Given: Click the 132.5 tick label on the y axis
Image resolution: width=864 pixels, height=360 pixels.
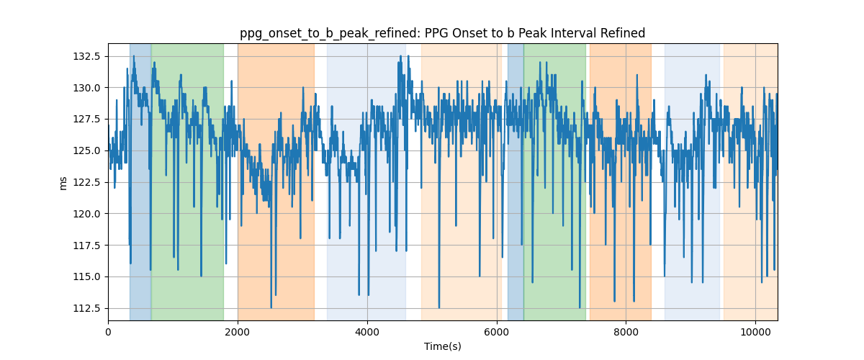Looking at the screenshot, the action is pyautogui.click(x=87, y=56).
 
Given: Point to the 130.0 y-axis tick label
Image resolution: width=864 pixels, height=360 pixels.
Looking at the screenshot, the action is pyautogui.click(x=87, y=88).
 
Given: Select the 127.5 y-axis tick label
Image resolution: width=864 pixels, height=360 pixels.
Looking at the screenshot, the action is pyautogui.click(x=87, y=120).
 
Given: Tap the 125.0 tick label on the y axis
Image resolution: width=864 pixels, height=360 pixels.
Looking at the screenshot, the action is pyautogui.click(x=87, y=151).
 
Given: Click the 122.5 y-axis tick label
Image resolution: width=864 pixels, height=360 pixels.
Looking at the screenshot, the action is pyautogui.click(x=87, y=182).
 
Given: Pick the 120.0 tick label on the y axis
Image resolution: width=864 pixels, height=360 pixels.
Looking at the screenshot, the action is pyautogui.click(x=87, y=214).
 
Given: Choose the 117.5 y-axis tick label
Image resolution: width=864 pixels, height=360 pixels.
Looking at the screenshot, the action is pyautogui.click(x=87, y=246).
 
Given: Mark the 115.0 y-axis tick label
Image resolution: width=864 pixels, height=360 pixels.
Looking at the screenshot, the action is pyautogui.click(x=87, y=276).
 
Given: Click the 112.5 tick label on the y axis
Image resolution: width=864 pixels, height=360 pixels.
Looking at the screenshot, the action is pyautogui.click(x=87, y=308).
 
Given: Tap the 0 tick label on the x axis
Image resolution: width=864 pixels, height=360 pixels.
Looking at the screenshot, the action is pyautogui.click(x=109, y=332).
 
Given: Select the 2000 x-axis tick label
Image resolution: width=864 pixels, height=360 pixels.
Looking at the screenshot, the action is pyautogui.click(x=238, y=332).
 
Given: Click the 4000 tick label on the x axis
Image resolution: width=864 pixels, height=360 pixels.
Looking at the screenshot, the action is pyautogui.click(x=367, y=332).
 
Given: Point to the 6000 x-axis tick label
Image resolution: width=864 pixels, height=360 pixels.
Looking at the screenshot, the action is pyautogui.click(x=496, y=332).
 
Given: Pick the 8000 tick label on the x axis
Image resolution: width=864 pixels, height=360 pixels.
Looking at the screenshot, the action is pyautogui.click(x=626, y=332).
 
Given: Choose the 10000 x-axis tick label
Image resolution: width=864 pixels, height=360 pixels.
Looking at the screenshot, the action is pyautogui.click(x=755, y=332).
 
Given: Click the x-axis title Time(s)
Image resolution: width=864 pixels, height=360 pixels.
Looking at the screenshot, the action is pyautogui.click(x=443, y=346).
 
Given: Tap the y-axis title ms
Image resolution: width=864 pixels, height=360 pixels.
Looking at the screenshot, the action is pyautogui.click(x=63, y=184).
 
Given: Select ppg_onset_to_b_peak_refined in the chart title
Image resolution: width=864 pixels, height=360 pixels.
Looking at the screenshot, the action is pyautogui.click(x=330, y=34).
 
